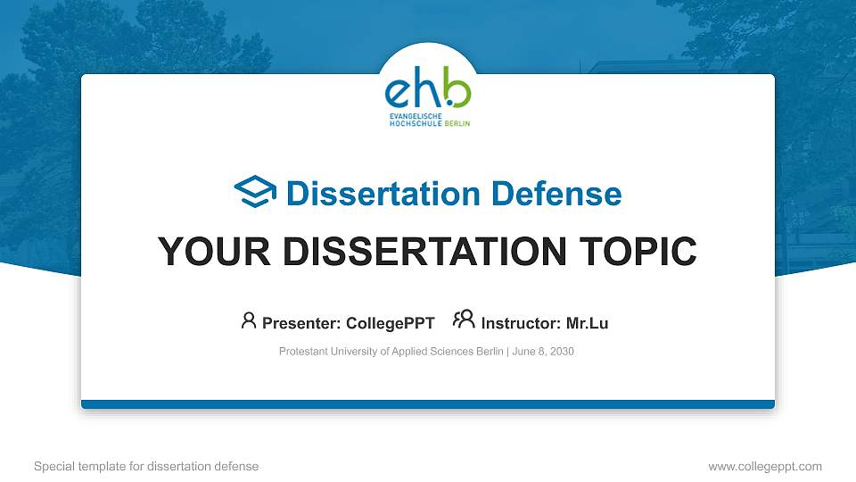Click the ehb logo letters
(x=427, y=89)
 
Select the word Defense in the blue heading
(x=557, y=193)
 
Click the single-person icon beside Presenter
(x=249, y=320)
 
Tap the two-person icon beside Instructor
(x=464, y=320)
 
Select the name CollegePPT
(x=391, y=323)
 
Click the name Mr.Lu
(x=587, y=323)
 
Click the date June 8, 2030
(x=543, y=352)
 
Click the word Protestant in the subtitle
(x=302, y=352)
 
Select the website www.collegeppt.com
(x=764, y=466)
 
